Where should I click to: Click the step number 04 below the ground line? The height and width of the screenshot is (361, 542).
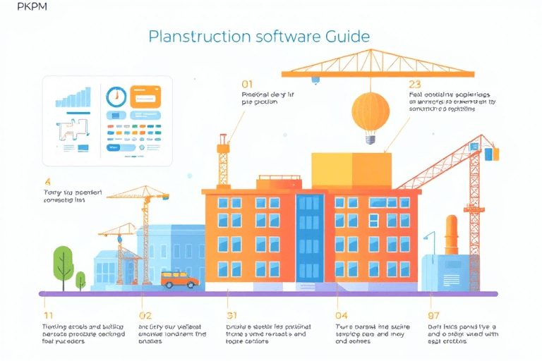[x=341, y=315]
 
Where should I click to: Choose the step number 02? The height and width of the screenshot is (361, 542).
[x=145, y=315]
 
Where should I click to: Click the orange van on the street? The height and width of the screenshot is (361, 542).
[x=179, y=279]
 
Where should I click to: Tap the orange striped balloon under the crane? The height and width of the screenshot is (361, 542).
[x=370, y=111]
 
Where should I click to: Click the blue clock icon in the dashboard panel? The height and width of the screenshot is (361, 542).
[x=115, y=97]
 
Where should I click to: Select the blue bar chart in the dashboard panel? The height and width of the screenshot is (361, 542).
[x=73, y=97]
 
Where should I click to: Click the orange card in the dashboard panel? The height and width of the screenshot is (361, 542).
[x=146, y=97]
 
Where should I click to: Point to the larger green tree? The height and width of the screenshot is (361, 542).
[x=63, y=261]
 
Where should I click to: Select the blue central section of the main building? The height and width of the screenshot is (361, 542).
[x=310, y=240]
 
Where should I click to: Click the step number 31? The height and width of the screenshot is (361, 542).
[x=232, y=315]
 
